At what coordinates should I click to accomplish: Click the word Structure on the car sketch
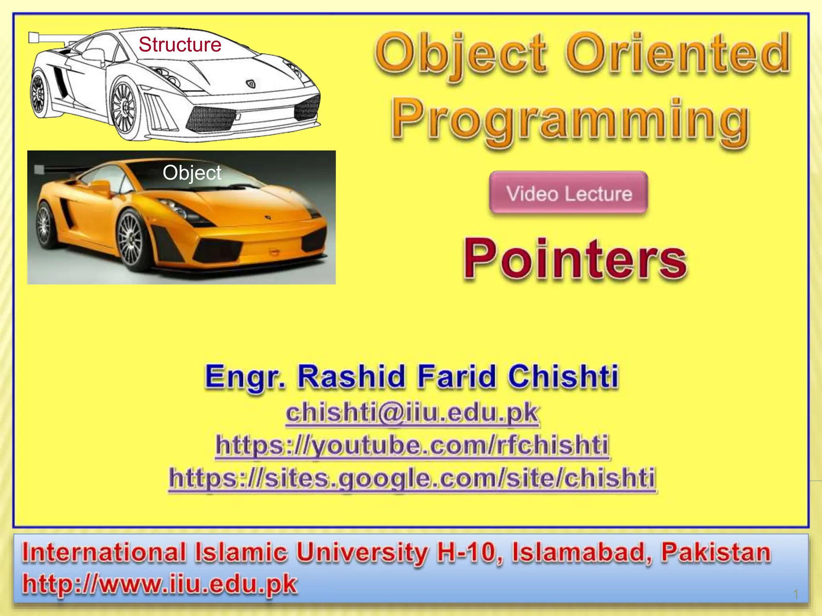[x=180, y=45]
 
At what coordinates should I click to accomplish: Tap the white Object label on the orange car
[x=192, y=173]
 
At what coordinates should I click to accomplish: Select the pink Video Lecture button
[x=569, y=193]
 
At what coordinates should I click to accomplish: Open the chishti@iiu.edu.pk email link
[x=412, y=413]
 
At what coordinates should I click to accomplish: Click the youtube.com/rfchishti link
[x=412, y=445]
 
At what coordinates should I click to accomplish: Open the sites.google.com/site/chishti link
[x=412, y=478]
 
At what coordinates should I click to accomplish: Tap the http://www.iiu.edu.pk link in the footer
[x=160, y=584]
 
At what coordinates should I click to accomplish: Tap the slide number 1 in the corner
[x=796, y=594]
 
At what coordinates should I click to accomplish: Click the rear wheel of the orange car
[x=44, y=225]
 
